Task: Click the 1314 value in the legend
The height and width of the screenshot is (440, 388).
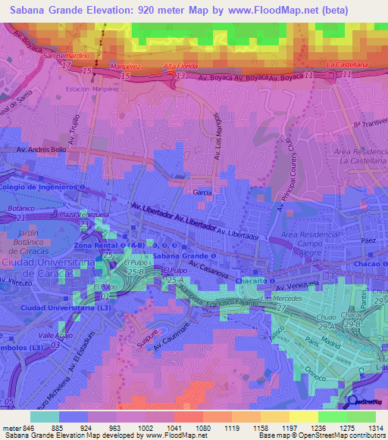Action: (x=376, y=428)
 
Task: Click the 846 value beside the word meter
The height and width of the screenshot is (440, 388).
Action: (x=27, y=428)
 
